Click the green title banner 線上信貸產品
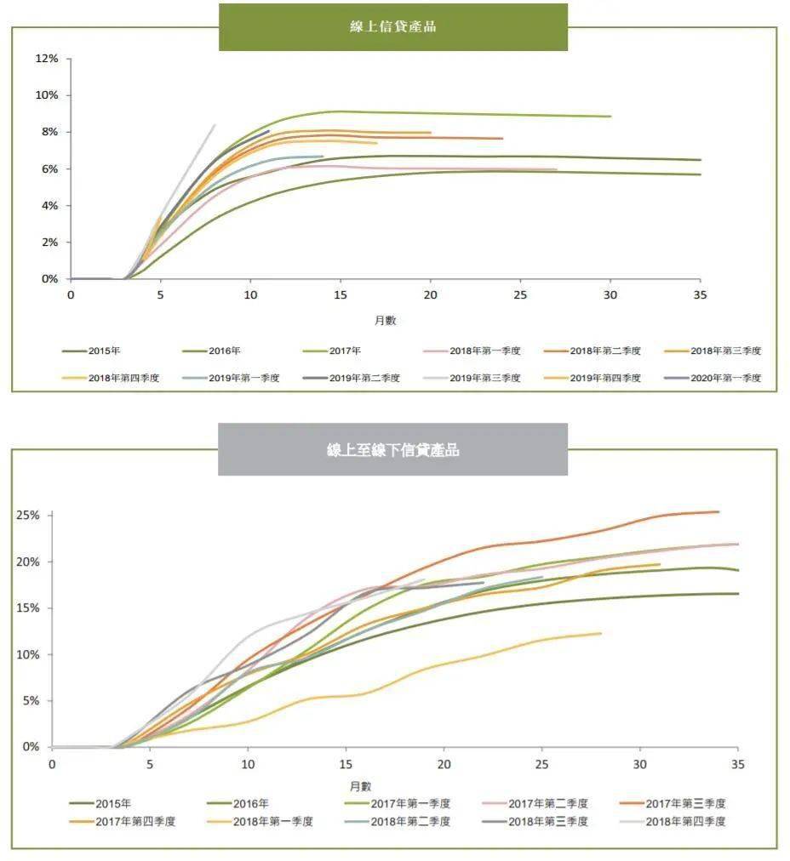pyautogui.click(x=393, y=26)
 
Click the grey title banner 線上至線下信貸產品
pyautogui.click(x=393, y=450)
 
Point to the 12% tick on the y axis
pyautogui.click(x=47, y=59)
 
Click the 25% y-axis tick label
pyautogui.click(x=28, y=516)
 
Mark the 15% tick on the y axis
pyautogui.click(x=28, y=608)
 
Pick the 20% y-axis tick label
pyautogui.click(x=28, y=562)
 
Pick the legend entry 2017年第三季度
pyautogui.click(x=685, y=803)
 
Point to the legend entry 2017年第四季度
pyautogui.click(x=135, y=821)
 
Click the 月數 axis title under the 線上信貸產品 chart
pyautogui.click(x=385, y=321)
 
